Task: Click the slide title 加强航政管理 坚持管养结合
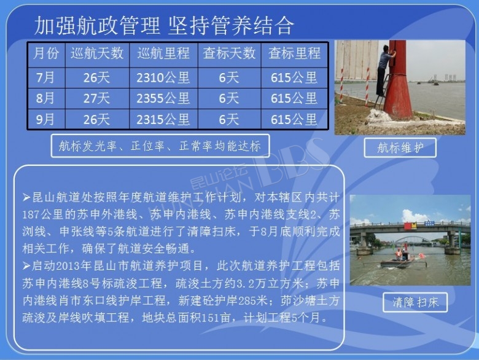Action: tap(164, 25)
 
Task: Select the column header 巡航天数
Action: tap(97, 53)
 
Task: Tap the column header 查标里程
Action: tap(295, 53)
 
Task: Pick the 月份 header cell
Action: tap(46, 53)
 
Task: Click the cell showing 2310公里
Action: tap(163, 78)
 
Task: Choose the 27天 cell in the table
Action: tap(97, 98)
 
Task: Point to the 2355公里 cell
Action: tap(163, 98)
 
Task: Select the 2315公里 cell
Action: tap(163, 119)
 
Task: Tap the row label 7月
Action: tap(45, 78)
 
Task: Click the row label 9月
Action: tap(45, 119)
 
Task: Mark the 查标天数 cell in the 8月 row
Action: tap(229, 98)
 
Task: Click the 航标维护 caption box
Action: tap(400, 147)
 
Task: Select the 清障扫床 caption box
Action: tap(415, 302)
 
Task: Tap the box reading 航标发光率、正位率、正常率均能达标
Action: tap(160, 146)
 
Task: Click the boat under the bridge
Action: tap(400, 260)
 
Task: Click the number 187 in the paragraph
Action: tap(31, 215)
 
